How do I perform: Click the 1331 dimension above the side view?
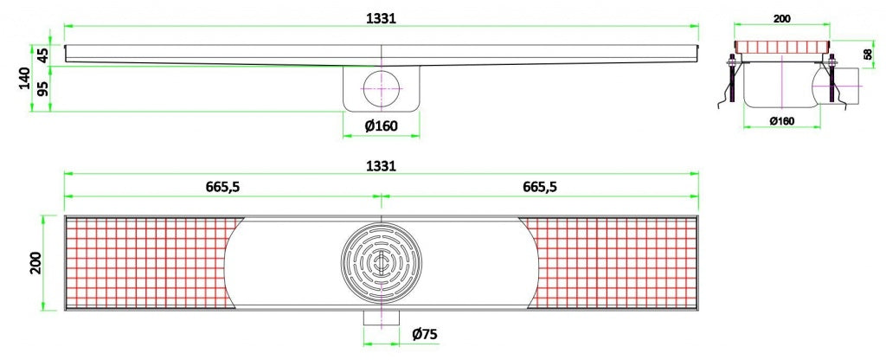381,19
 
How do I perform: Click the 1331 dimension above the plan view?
381,165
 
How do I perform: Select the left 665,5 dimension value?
222,186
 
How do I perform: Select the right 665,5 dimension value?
540,186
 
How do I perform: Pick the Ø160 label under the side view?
381,126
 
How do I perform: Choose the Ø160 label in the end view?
781,121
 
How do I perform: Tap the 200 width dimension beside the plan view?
35,264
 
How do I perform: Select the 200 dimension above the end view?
781,17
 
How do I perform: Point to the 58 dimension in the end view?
868,54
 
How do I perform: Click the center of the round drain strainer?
381,264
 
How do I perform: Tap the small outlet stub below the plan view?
381,319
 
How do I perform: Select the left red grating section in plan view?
143,263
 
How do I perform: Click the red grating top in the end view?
781,47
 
